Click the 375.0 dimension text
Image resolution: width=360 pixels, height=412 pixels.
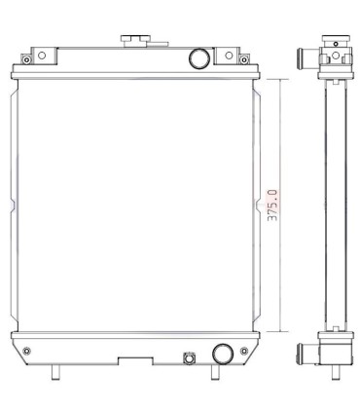(272, 206)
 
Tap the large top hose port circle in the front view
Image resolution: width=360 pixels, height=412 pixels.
(199, 58)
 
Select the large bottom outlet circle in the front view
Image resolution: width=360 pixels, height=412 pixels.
(223, 354)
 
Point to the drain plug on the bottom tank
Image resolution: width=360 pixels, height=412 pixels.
(189, 358)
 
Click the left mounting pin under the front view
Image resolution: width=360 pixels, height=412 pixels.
(55, 372)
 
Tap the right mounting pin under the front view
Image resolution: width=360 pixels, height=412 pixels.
(215, 372)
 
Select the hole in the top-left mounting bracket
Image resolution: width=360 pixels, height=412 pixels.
(42, 56)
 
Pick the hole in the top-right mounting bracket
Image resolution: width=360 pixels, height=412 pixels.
(229, 56)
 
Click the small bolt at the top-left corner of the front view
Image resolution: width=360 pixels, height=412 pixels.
(26, 59)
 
